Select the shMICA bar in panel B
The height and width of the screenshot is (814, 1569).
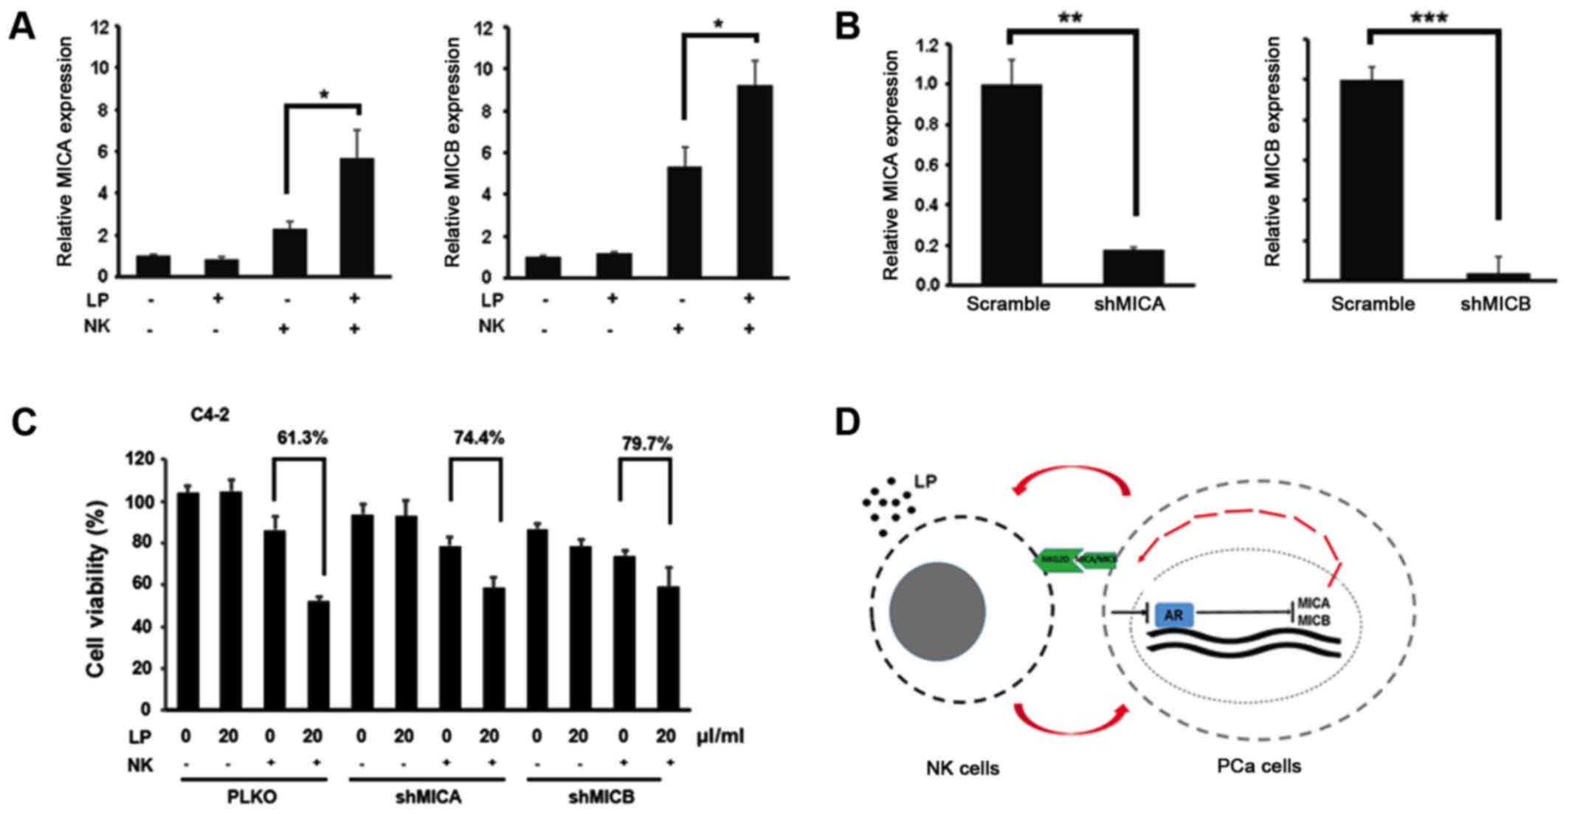coord(1134,266)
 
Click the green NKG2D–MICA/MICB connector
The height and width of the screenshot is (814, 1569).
coord(1076,560)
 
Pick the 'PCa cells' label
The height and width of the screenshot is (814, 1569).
coord(1259,767)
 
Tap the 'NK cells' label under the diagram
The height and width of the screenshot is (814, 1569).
coord(962,768)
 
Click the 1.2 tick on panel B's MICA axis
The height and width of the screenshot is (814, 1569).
coord(928,46)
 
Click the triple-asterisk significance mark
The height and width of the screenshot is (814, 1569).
coord(1428,18)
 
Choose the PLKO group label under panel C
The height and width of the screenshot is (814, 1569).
coord(252,798)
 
